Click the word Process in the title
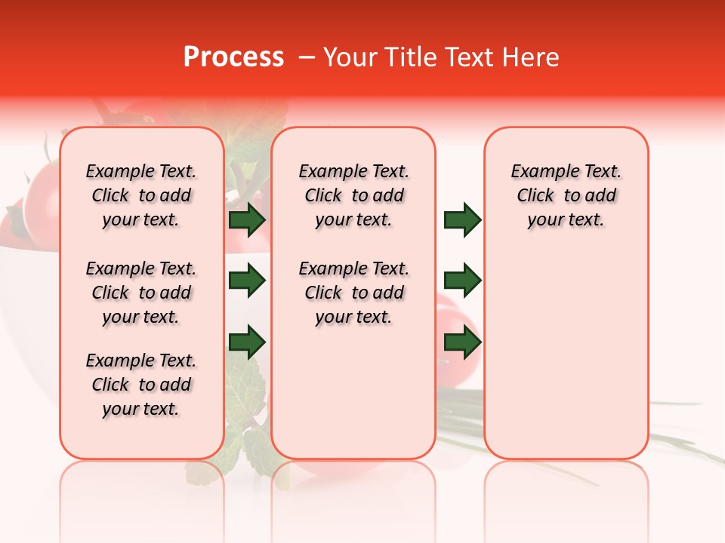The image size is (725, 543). pos(233,57)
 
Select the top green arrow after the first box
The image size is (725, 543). pos(247,219)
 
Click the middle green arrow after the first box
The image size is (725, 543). pos(247,281)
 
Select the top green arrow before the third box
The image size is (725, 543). pos(462,219)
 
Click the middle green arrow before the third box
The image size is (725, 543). pos(462,281)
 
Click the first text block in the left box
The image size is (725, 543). pos(141,195)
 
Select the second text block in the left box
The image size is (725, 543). pos(141,293)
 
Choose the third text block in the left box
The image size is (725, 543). pos(141,385)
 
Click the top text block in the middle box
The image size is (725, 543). pos(353,195)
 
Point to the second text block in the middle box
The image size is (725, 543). pos(353,293)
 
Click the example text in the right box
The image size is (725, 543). pos(566,195)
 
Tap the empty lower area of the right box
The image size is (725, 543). pos(566,354)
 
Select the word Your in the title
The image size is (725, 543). pos(350,57)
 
